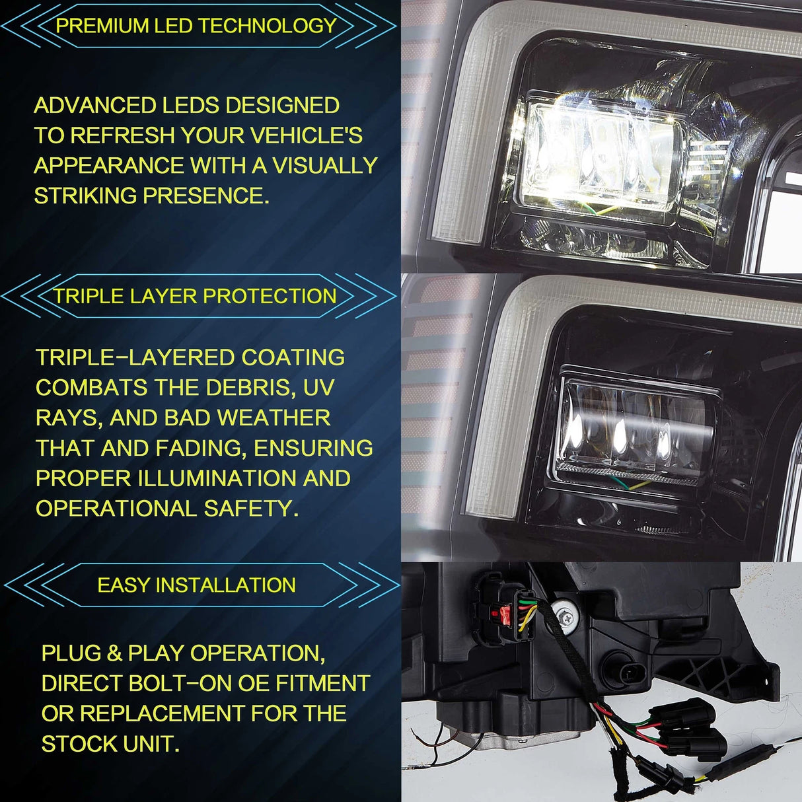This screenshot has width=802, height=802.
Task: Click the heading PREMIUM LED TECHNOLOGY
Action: (x=196, y=26)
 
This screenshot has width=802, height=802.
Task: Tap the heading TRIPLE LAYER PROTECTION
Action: (x=195, y=296)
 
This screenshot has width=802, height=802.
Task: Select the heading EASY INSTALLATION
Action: (x=196, y=585)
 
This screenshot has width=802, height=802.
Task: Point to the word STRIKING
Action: (x=86, y=195)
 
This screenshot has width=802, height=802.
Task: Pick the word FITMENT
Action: (x=323, y=682)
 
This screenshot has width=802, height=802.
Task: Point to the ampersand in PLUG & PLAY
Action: (x=114, y=653)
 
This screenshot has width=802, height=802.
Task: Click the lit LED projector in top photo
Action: (x=601, y=155)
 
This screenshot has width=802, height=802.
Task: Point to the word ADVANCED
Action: (x=95, y=105)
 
